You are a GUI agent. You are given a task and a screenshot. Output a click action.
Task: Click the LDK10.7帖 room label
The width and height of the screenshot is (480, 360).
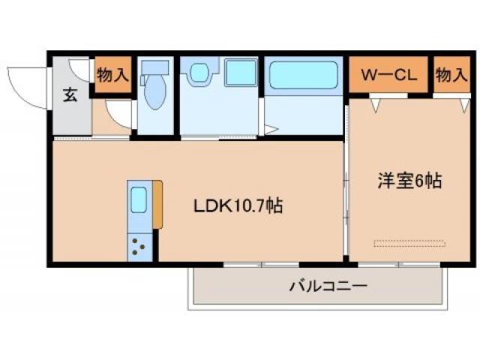[x=238, y=205]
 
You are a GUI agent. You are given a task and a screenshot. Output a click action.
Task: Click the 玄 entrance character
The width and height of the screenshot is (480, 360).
[x=69, y=96]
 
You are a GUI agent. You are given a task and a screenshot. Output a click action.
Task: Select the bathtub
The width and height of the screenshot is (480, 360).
[x=304, y=76]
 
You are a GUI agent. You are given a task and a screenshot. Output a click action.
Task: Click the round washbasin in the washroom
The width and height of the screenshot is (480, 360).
[x=199, y=73]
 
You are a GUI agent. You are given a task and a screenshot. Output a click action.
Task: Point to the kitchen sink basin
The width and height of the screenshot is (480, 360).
[x=139, y=200]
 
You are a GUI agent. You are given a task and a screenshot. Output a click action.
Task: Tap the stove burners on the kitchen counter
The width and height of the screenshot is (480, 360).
[x=139, y=246]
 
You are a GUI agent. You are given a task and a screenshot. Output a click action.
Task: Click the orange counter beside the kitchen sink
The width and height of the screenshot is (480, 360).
[x=157, y=203]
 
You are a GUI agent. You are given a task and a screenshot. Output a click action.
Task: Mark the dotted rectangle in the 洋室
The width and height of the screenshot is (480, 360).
[x=409, y=243]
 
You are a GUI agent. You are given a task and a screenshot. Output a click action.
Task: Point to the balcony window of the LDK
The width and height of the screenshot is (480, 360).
[x=260, y=264]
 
